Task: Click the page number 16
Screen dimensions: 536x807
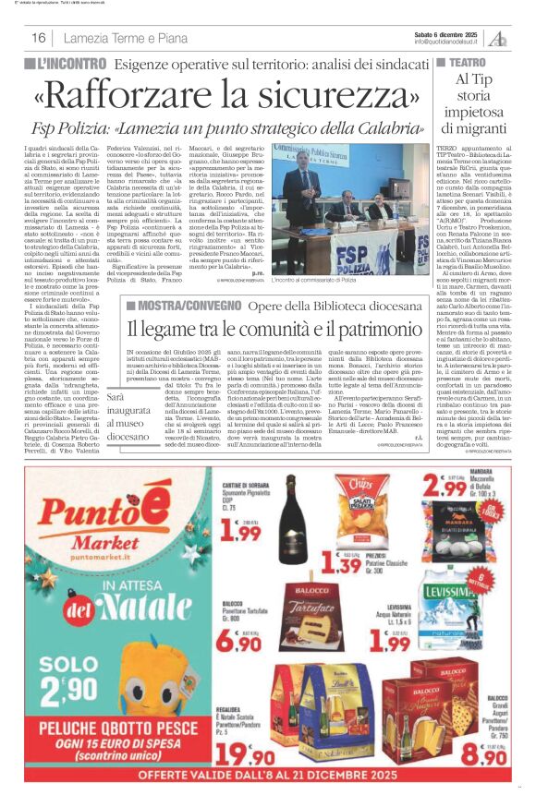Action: click(x=38, y=38)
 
